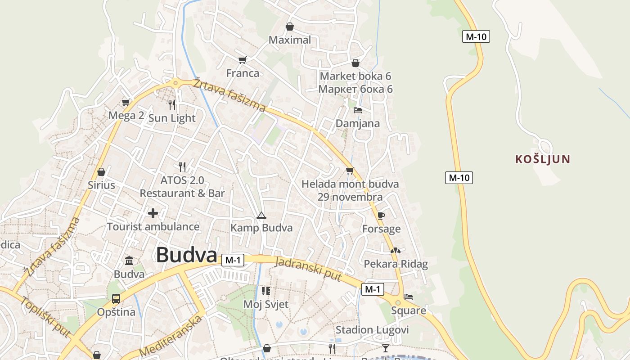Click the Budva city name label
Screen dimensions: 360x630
click(x=187, y=255)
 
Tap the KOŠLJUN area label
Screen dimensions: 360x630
click(x=543, y=159)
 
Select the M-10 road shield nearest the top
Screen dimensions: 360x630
click(x=476, y=36)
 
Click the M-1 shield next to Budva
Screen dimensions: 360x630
click(x=233, y=260)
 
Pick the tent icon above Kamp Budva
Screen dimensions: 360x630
click(x=261, y=215)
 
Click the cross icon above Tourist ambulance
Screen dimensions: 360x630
click(x=153, y=213)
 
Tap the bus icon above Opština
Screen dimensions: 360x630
click(x=116, y=299)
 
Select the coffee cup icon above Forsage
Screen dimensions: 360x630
click(x=381, y=216)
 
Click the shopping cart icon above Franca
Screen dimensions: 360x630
click(x=243, y=60)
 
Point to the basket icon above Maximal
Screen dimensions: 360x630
click(x=290, y=27)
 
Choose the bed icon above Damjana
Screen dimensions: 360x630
click(x=358, y=110)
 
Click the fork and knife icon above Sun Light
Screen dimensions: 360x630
click(x=172, y=105)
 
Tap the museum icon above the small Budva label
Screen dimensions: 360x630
click(x=129, y=261)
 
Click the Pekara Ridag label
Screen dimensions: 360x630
click(x=396, y=264)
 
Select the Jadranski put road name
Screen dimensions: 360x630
click(x=308, y=269)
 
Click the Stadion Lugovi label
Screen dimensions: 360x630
click(x=372, y=330)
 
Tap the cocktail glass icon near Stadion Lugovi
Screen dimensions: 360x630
click(x=386, y=348)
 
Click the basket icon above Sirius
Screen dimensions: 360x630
click(x=101, y=172)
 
